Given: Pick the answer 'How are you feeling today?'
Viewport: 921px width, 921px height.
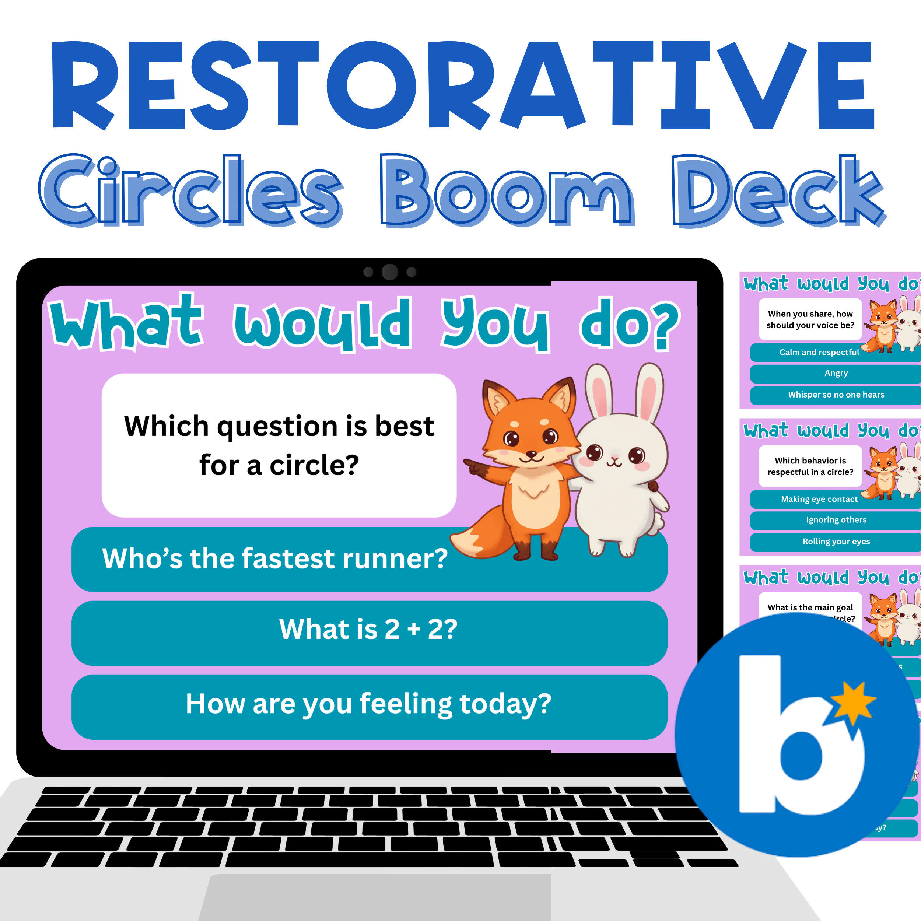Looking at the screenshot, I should tap(368, 704).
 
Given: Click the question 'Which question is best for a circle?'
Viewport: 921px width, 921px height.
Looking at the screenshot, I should tap(279, 445).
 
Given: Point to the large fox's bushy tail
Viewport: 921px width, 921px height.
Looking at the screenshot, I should tap(481, 536).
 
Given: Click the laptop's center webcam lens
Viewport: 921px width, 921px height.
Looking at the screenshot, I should tap(389, 272).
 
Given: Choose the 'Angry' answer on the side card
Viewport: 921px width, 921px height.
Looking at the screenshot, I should tap(836, 373).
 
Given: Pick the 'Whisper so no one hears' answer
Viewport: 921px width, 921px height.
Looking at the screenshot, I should tap(836, 395).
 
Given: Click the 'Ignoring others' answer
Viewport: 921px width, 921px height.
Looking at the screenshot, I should tap(836, 520).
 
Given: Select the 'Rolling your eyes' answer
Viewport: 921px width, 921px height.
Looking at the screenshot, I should tap(836, 542).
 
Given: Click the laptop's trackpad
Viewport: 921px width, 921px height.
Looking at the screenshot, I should tap(377, 899).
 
